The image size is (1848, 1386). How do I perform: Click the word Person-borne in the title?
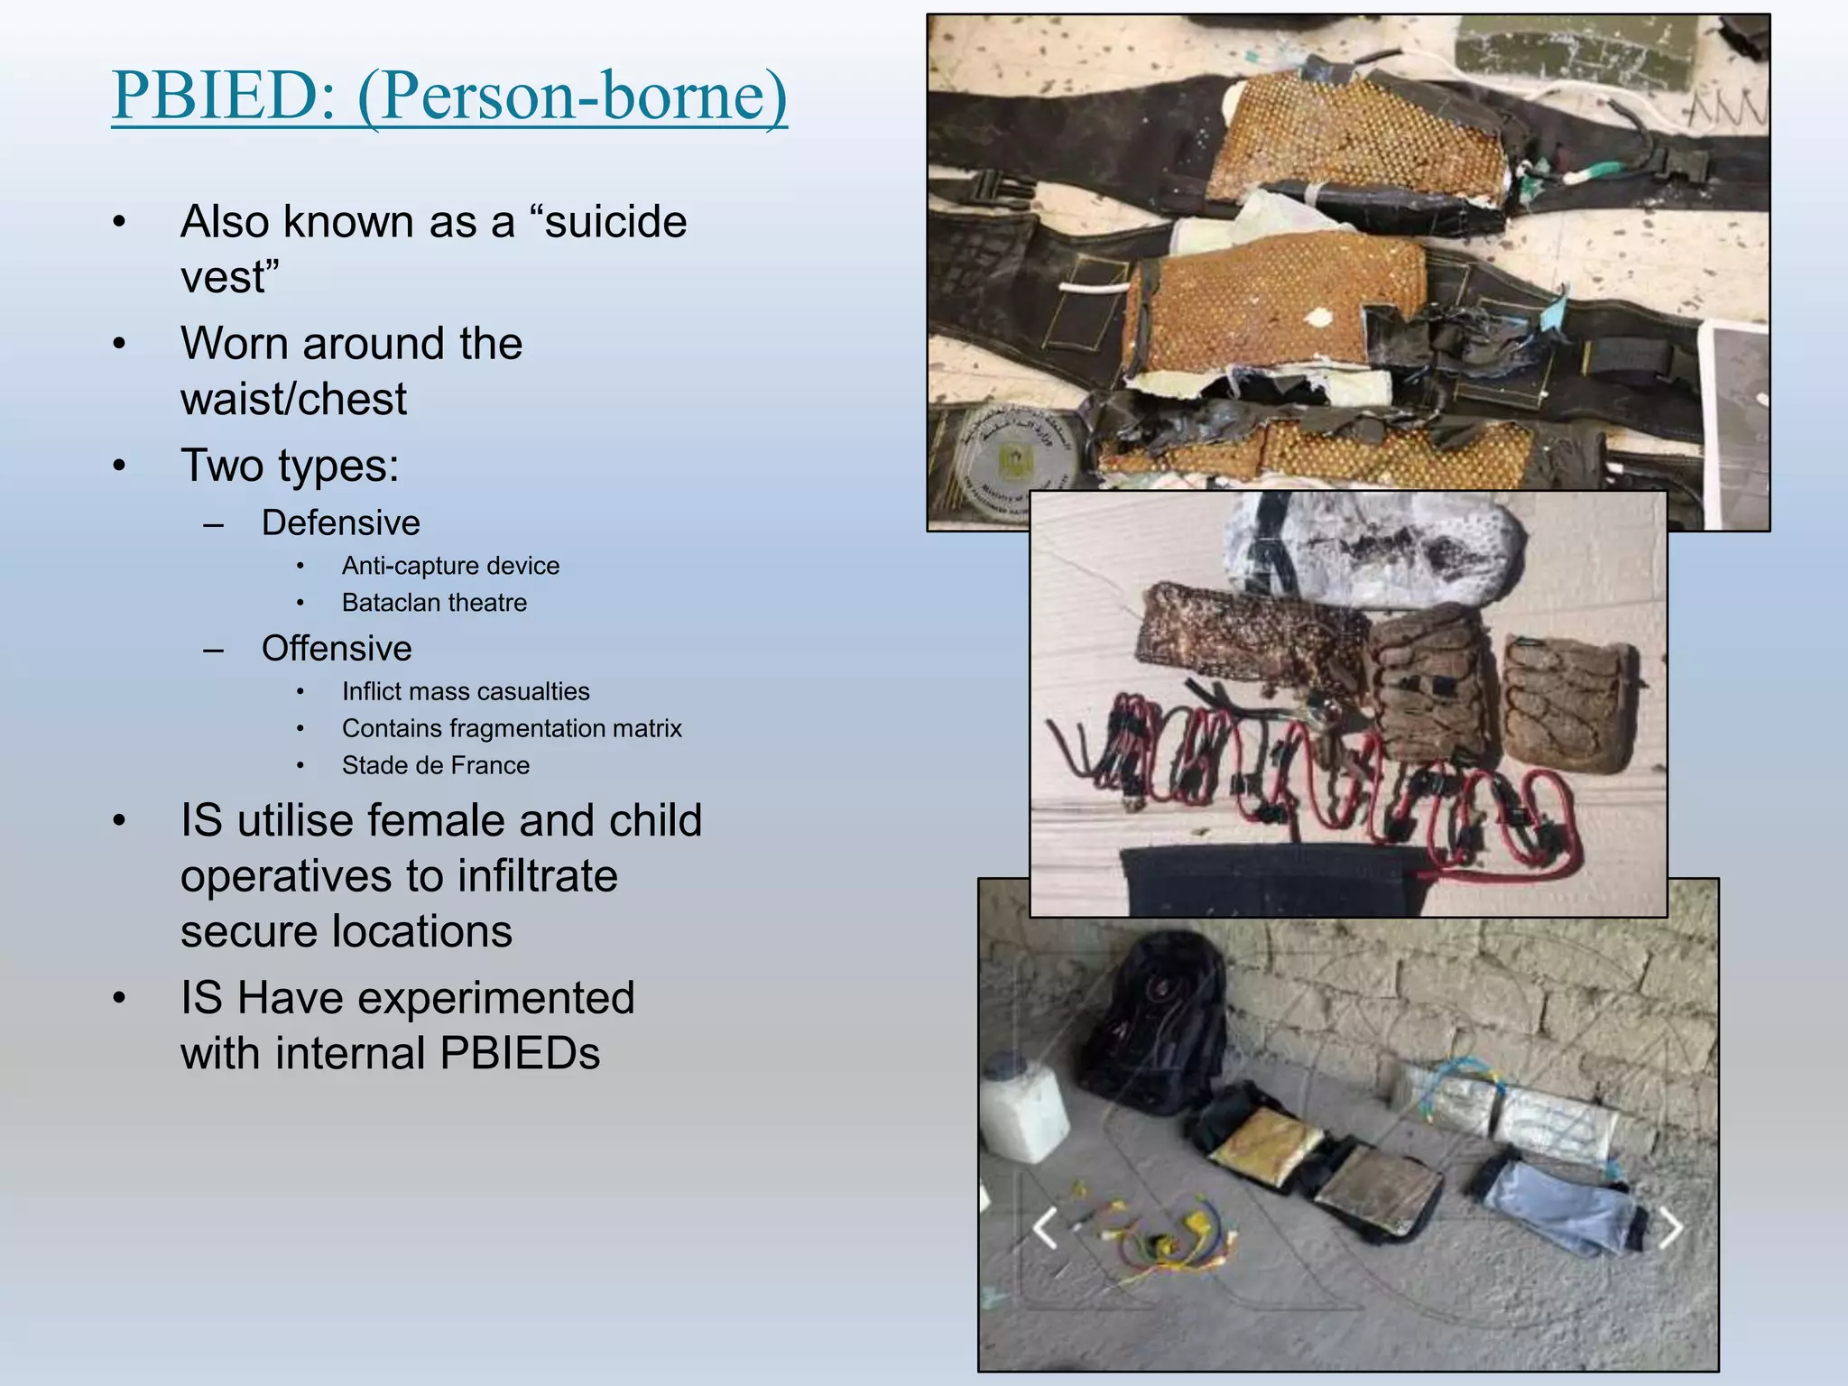(x=573, y=96)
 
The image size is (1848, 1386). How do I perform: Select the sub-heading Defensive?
(x=340, y=523)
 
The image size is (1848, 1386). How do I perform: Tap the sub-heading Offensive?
(x=337, y=649)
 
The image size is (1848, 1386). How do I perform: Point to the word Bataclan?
(x=395, y=603)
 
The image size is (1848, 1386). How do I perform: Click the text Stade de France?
(x=435, y=765)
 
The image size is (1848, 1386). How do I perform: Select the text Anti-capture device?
(x=450, y=566)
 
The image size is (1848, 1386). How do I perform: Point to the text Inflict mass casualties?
(x=465, y=691)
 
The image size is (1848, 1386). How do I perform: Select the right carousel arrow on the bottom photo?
(x=1670, y=1229)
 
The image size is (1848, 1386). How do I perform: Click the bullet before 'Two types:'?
(x=119, y=467)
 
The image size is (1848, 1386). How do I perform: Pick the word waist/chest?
(x=293, y=399)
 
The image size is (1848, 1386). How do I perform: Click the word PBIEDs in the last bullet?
(x=520, y=1053)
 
